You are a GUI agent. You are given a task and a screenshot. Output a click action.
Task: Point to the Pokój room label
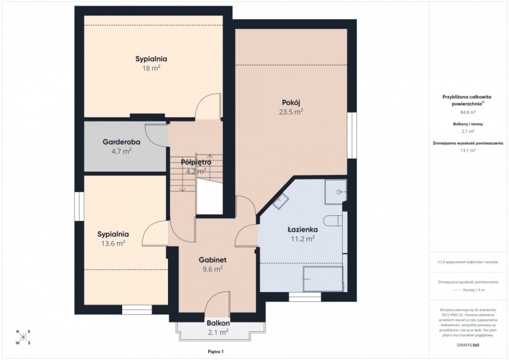coord(290,102)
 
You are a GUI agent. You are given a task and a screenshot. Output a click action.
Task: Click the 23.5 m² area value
coord(290,112)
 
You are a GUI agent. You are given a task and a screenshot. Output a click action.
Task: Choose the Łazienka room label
coord(303,229)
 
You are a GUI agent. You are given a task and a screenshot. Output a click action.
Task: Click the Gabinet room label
coord(213,259)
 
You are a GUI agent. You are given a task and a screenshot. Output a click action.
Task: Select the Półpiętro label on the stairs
coord(196,162)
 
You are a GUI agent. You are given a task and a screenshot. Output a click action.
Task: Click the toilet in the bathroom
coord(332,220)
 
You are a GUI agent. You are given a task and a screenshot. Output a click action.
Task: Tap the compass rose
coord(23,337)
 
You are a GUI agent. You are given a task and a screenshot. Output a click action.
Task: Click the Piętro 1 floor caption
coord(215,351)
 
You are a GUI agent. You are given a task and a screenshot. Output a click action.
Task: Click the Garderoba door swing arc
coord(155,132)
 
